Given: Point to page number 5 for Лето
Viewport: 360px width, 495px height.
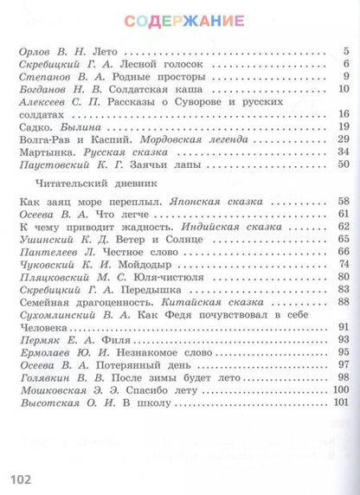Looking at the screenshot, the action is click(344, 54).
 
